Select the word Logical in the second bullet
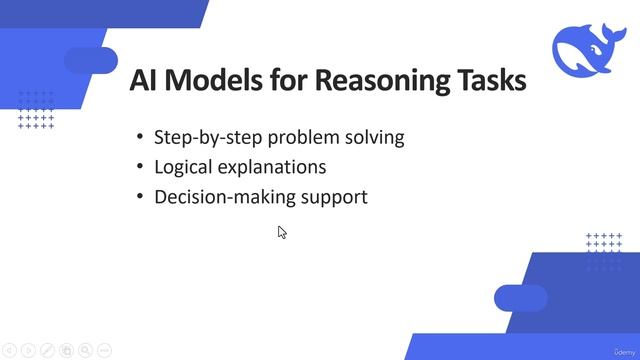185,167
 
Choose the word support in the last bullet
335,197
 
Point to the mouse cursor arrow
282,232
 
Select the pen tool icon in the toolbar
47,350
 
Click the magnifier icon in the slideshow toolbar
86,350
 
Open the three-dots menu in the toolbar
105,350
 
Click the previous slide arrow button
9,350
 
